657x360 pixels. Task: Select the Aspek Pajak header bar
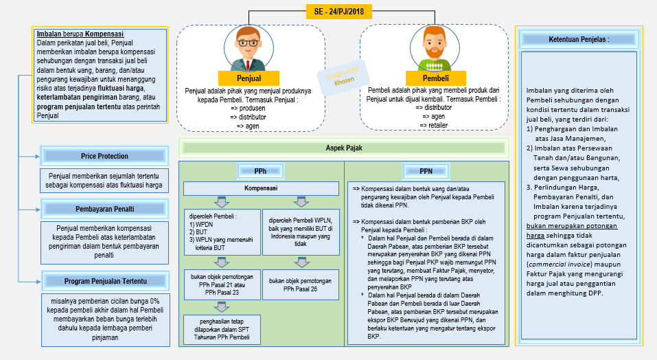343,147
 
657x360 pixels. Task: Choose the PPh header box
260,170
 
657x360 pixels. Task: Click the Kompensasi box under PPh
261,188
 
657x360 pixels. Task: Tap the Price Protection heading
104,156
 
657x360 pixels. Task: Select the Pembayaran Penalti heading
104,208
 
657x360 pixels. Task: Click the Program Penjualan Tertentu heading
104,281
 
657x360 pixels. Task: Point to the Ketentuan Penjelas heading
579,40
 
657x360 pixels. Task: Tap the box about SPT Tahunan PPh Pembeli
221,329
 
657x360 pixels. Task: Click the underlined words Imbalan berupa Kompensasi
80,34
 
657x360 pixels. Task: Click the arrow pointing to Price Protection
35,156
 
